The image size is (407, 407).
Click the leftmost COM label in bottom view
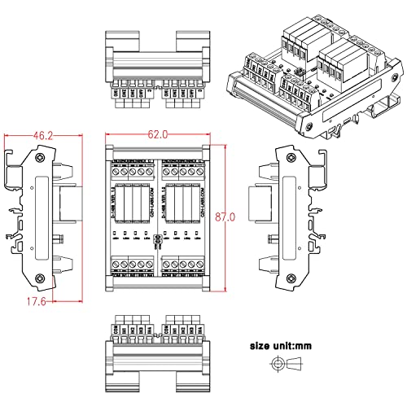(116, 330)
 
